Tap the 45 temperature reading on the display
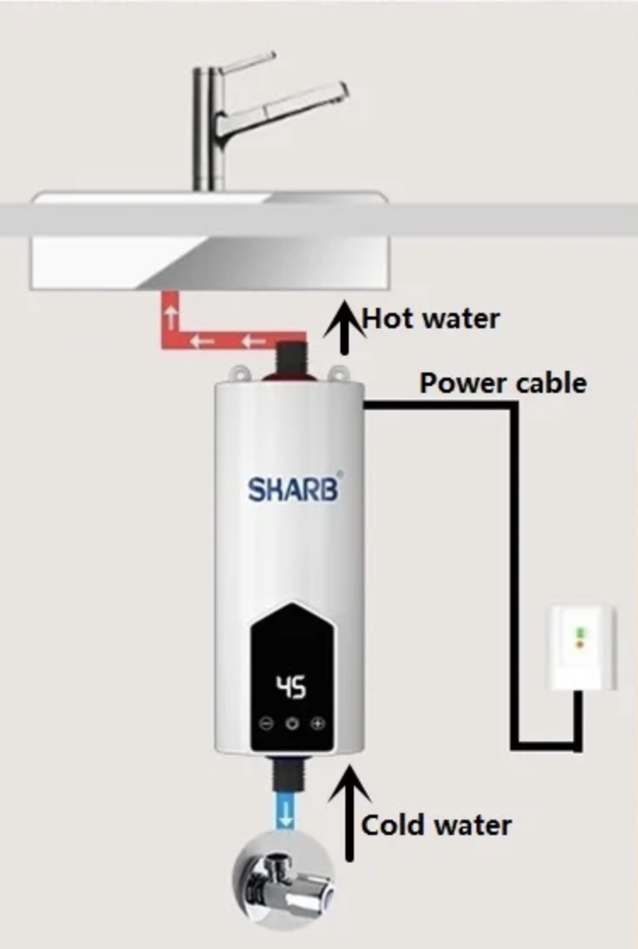pyautogui.click(x=292, y=688)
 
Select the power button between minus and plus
pyautogui.click(x=293, y=724)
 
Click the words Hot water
pyautogui.click(x=431, y=318)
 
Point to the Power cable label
pyautogui.click(x=503, y=384)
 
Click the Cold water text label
pyautogui.click(x=436, y=825)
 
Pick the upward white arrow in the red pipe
pyautogui.click(x=172, y=316)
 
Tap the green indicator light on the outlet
pyautogui.click(x=579, y=633)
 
